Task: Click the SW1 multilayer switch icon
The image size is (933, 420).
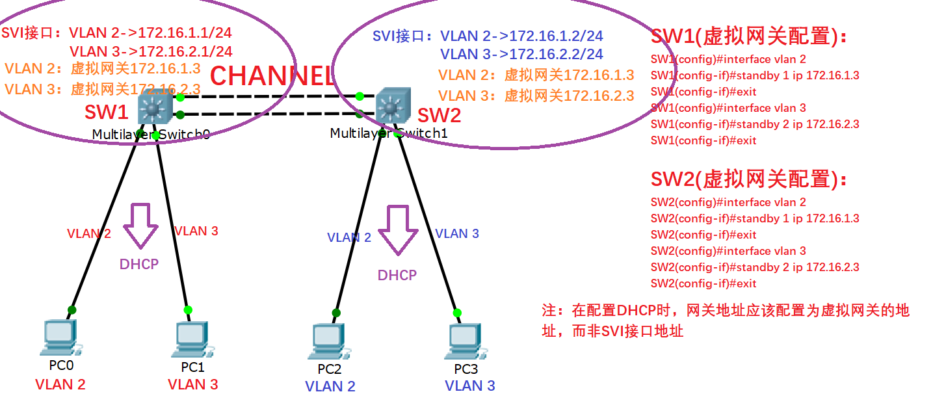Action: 153,108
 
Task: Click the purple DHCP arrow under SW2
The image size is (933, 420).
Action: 397,229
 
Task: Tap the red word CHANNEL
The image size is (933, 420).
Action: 272,76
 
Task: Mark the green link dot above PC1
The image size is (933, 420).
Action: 188,309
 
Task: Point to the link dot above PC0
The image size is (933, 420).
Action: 72,309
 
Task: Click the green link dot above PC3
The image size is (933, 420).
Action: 457,313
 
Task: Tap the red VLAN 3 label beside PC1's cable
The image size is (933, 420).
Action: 196,231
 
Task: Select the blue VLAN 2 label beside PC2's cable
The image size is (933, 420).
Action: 349,237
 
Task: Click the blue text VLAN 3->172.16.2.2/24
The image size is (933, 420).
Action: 521,54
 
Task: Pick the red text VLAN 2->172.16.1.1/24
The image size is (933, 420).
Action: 150,33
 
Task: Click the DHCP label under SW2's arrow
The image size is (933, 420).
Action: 397,275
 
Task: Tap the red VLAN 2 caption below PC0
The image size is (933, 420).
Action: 60,384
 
